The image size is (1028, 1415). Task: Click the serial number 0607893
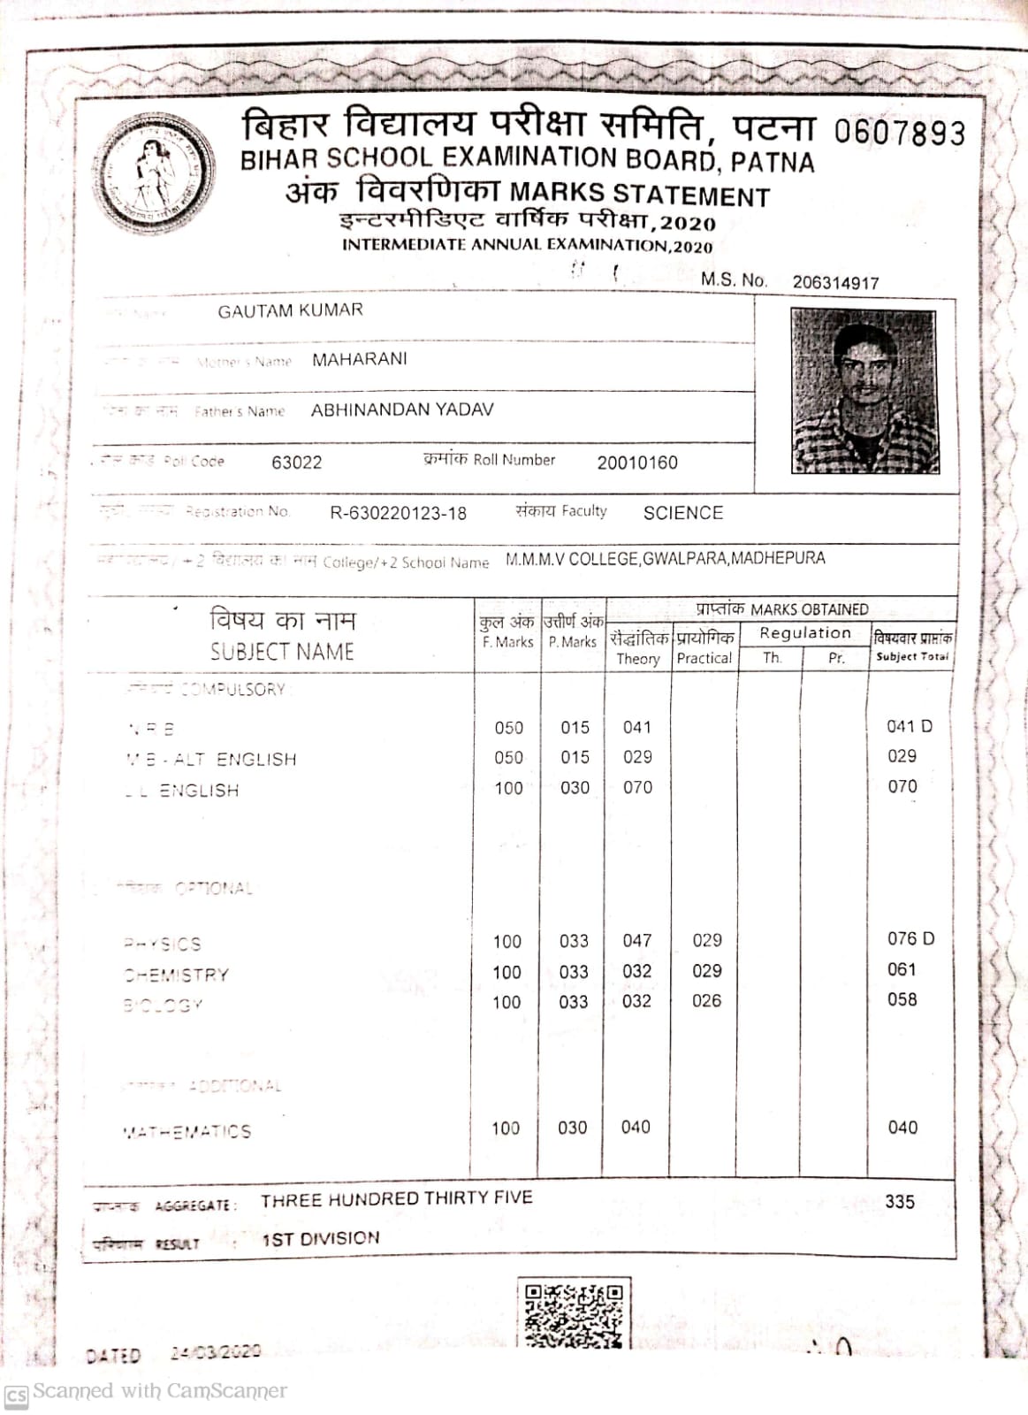point(899,133)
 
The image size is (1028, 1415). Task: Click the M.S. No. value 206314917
point(835,283)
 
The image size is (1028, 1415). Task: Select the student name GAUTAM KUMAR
point(290,310)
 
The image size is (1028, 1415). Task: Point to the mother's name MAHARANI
point(359,359)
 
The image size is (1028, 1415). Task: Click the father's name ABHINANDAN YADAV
point(402,409)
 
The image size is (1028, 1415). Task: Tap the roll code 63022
point(297,463)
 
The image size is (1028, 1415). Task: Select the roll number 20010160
point(637,463)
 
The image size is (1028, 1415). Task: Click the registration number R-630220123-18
point(398,513)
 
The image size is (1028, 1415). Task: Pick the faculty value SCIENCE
point(683,513)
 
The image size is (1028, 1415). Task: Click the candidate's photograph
point(864,391)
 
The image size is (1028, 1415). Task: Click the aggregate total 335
point(900,1202)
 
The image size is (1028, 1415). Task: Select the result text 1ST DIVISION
point(321,1239)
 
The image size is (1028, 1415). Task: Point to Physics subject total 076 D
point(910,938)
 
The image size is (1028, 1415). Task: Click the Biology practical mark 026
point(706,1001)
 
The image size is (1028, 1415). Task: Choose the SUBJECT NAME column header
point(282,652)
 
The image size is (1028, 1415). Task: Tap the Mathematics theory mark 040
point(636,1128)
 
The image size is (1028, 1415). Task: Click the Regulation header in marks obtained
point(804,633)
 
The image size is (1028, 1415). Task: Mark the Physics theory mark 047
point(636,940)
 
